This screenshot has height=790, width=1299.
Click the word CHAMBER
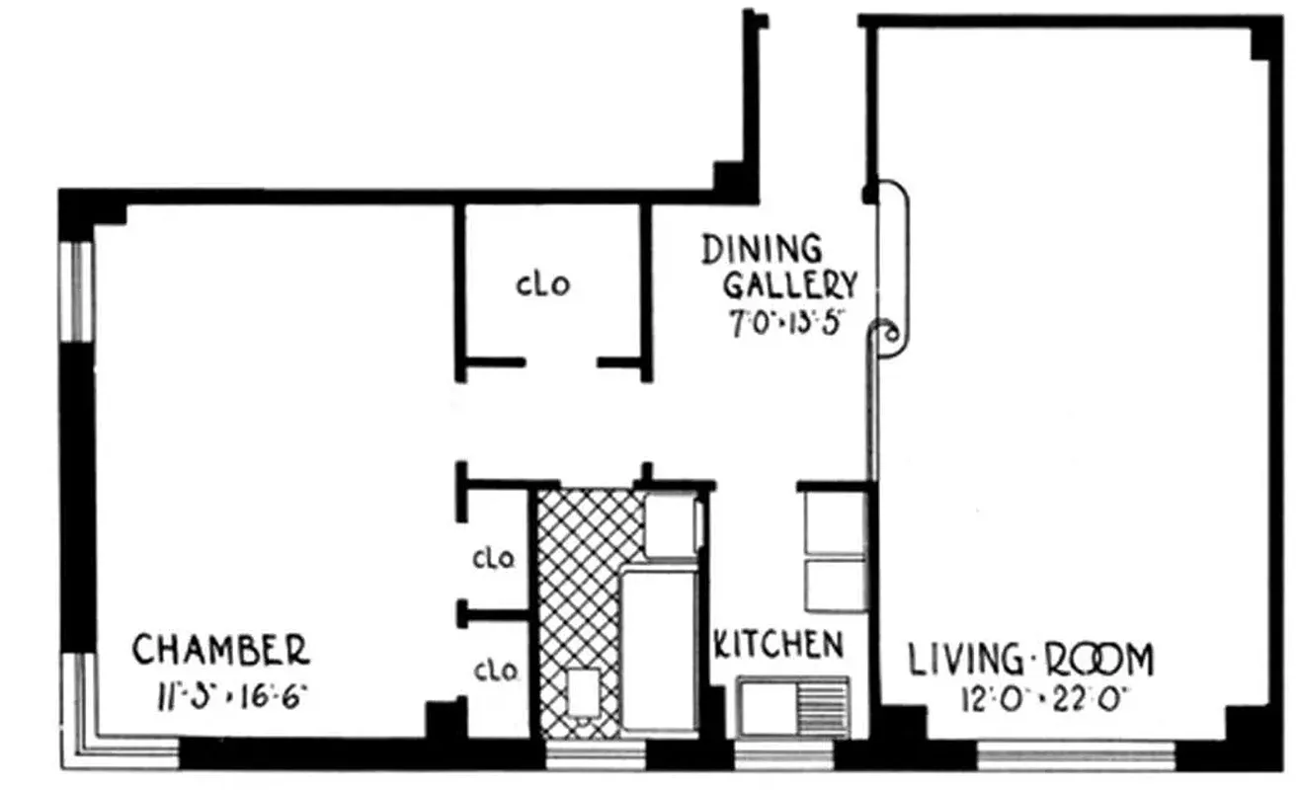tap(220, 651)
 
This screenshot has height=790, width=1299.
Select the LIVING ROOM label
tap(1030, 659)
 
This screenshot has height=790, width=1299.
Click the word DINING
tap(761, 250)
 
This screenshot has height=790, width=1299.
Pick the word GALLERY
tap(790, 285)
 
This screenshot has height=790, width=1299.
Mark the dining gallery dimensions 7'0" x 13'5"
tap(784, 325)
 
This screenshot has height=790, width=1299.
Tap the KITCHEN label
tap(778, 646)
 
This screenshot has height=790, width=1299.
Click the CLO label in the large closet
tap(542, 285)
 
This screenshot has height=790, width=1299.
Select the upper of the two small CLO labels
tap(494, 559)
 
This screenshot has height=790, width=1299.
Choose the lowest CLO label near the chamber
tap(495, 671)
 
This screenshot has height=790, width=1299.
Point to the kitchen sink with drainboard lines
tap(793, 706)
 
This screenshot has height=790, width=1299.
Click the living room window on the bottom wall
tap(1076, 755)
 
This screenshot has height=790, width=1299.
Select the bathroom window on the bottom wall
tap(595, 755)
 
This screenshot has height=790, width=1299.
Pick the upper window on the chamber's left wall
tap(77, 291)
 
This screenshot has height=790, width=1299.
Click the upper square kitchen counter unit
tap(834, 520)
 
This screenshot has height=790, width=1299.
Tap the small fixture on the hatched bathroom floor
tap(584, 691)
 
